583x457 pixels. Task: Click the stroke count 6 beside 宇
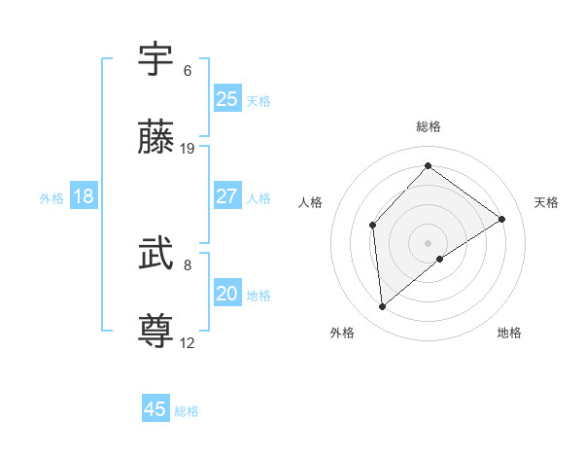187,71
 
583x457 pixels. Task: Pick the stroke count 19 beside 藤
188,148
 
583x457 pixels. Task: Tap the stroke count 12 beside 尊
188,342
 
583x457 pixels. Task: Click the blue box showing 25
227,99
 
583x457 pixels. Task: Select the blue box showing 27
227,196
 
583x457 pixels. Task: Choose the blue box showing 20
227,294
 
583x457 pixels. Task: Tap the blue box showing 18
84,196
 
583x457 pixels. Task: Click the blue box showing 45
155,409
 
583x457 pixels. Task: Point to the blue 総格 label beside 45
187,411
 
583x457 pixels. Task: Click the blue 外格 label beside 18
51,198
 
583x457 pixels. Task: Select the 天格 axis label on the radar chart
546,202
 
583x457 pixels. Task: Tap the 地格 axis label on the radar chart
509,333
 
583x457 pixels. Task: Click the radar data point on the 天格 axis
502,219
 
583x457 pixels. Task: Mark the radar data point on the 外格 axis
383,306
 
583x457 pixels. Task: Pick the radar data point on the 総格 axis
428,166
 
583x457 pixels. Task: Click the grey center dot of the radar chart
428,242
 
